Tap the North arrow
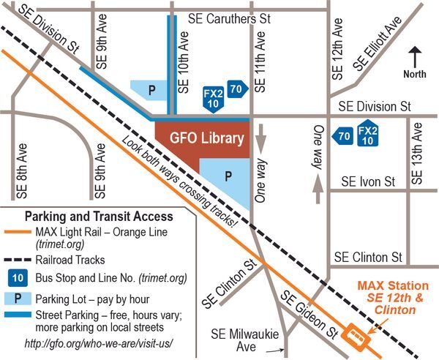(x=415, y=59)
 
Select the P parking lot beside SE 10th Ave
(x=152, y=90)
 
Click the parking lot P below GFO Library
(x=228, y=177)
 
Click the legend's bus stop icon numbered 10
(x=21, y=278)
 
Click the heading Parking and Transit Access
(x=99, y=217)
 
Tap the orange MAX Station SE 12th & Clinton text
(x=390, y=297)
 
